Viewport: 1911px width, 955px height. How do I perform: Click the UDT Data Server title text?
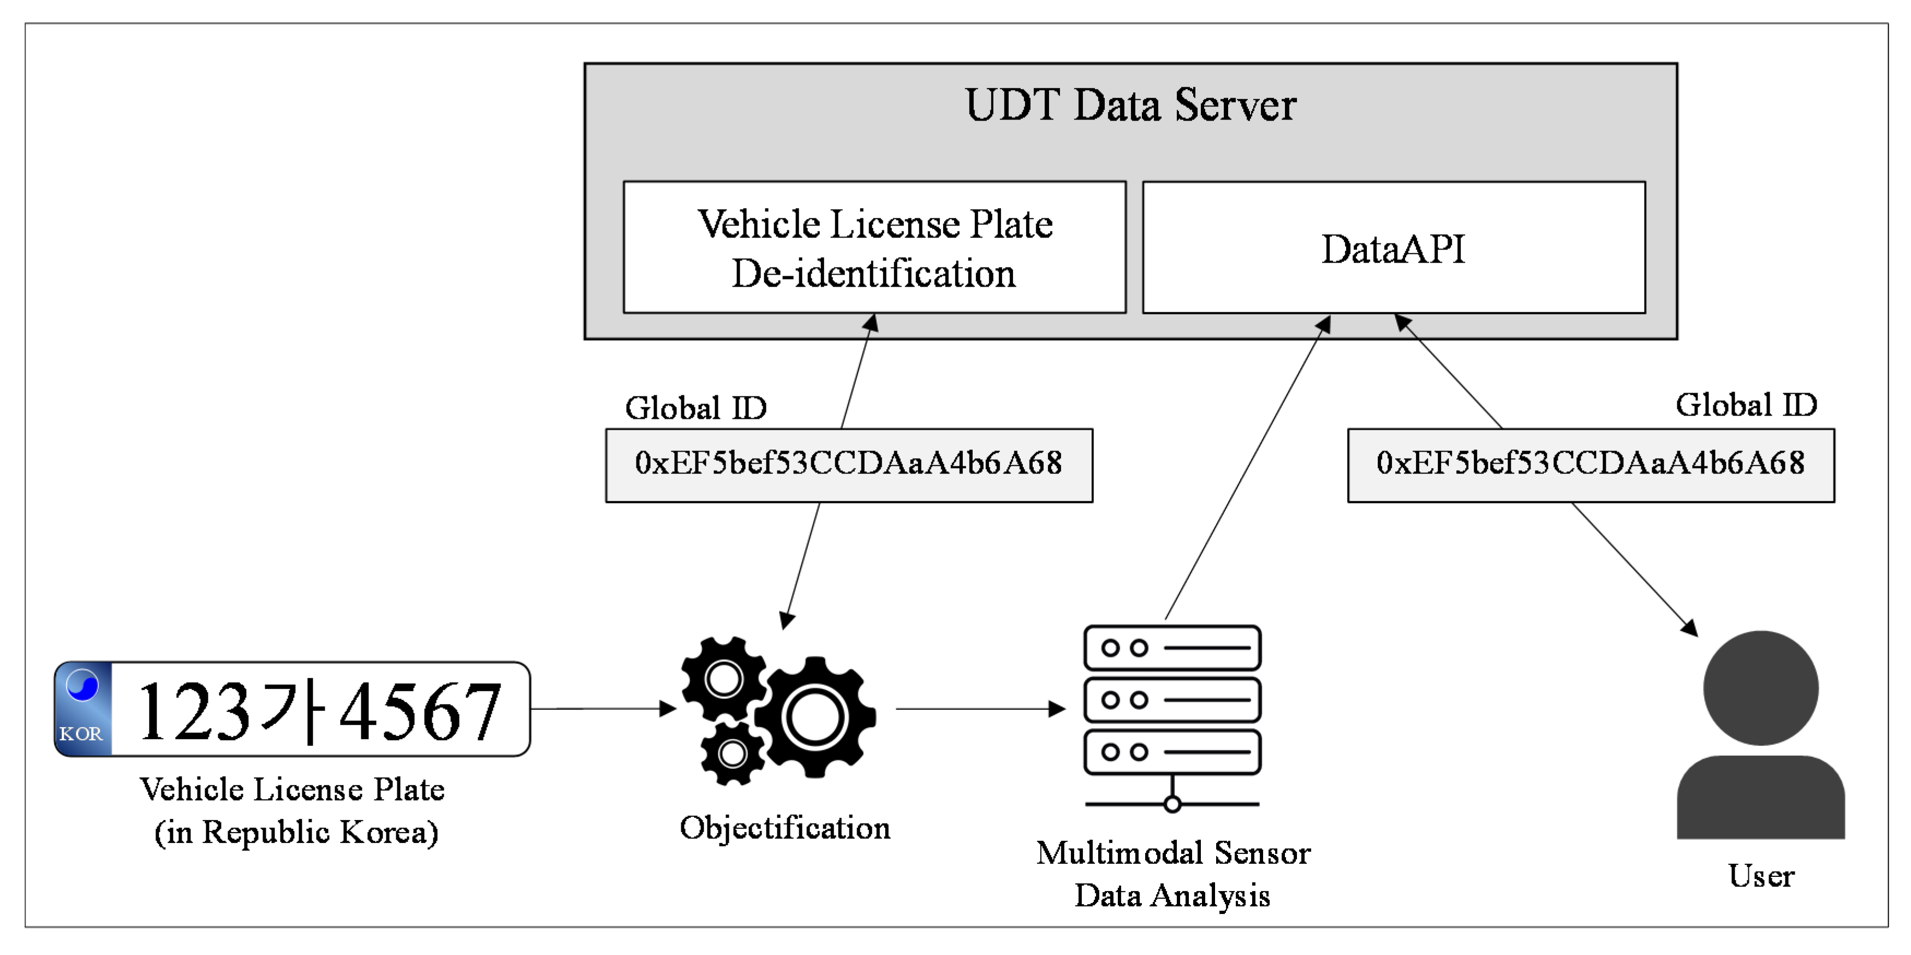tap(1130, 105)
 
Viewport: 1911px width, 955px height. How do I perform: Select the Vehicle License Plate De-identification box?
tap(874, 248)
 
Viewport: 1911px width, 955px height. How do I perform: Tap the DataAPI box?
tap(1393, 248)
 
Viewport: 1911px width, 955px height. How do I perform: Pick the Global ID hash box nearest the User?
tap(1590, 465)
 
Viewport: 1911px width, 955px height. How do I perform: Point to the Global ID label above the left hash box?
tap(695, 408)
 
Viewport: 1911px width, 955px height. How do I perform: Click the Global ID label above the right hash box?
tap(1746, 405)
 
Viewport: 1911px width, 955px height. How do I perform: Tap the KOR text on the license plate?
tap(80, 733)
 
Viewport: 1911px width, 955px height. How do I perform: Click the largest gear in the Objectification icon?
tap(814, 717)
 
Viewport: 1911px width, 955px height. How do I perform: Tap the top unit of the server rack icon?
tap(1171, 648)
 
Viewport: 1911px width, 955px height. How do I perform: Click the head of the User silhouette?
tap(1760, 688)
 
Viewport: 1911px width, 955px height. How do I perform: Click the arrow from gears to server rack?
tap(979, 709)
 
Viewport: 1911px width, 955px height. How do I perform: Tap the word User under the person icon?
tap(1760, 876)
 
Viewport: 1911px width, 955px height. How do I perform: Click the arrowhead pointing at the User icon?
tap(1690, 628)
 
